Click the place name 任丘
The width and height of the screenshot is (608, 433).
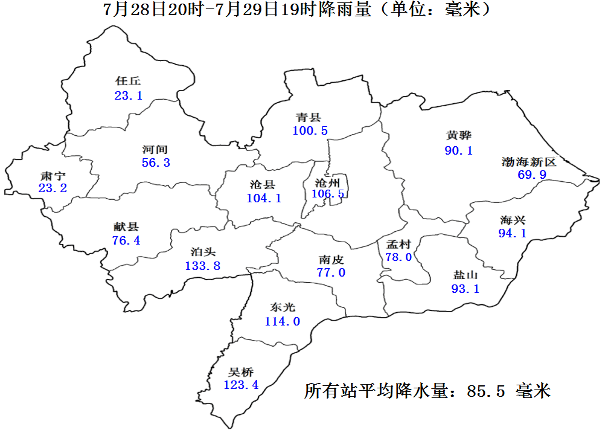(x=128, y=81)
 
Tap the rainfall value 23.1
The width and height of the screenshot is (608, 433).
(x=128, y=95)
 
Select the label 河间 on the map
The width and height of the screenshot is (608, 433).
(x=155, y=149)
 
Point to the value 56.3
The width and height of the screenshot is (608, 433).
(x=156, y=163)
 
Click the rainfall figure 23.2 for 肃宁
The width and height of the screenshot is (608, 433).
(x=53, y=188)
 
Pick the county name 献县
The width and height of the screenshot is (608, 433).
(x=126, y=226)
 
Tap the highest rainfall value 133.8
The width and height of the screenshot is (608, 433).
(x=202, y=266)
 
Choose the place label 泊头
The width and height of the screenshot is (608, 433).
(x=203, y=252)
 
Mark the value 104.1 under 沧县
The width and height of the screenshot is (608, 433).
(x=264, y=198)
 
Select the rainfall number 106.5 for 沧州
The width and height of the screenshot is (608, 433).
(x=328, y=194)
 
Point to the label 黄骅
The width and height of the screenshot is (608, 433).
(x=458, y=136)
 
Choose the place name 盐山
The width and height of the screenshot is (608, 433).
(x=465, y=275)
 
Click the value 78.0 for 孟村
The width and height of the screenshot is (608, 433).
(x=398, y=257)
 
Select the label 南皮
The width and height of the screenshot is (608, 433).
(x=331, y=259)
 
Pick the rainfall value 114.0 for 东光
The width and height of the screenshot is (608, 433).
(x=282, y=321)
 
